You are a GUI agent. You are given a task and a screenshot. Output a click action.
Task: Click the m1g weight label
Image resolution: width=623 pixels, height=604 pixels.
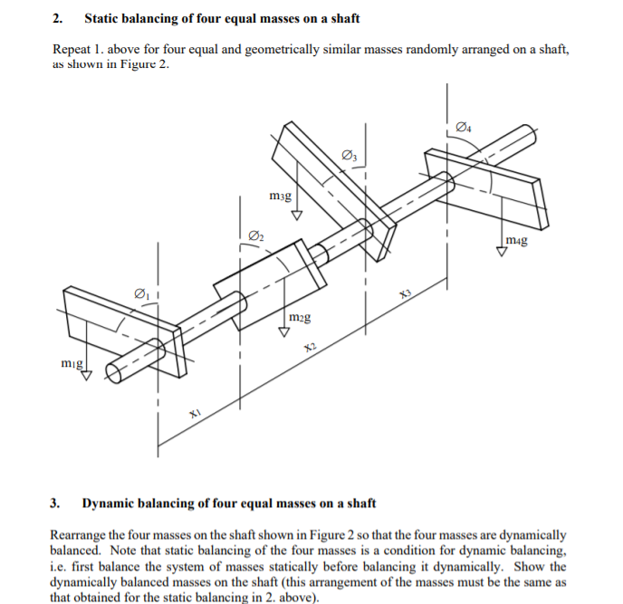click(72, 363)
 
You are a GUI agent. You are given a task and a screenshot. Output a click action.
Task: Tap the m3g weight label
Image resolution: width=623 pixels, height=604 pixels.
click(281, 196)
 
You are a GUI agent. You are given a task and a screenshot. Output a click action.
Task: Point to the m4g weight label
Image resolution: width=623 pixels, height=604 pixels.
click(517, 240)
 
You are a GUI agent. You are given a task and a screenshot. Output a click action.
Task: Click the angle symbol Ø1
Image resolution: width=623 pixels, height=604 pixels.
click(141, 292)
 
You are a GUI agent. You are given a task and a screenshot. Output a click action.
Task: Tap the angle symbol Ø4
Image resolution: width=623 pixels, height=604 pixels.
click(465, 126)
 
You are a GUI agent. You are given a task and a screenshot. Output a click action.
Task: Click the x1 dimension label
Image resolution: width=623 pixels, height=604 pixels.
click(194, 413)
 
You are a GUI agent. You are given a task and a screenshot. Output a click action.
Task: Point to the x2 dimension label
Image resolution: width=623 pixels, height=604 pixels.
click(310, 348)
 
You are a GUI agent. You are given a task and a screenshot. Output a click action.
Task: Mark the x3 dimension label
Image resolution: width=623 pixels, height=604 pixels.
click(405, 293)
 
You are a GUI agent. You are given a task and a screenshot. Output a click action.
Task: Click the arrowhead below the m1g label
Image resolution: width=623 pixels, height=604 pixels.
click(88, 377)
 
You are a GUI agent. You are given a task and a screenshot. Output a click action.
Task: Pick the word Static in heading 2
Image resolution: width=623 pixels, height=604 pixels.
click(102, 18)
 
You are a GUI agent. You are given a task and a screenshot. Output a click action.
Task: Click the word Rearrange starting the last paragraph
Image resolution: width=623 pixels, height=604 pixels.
click(82, 535)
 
